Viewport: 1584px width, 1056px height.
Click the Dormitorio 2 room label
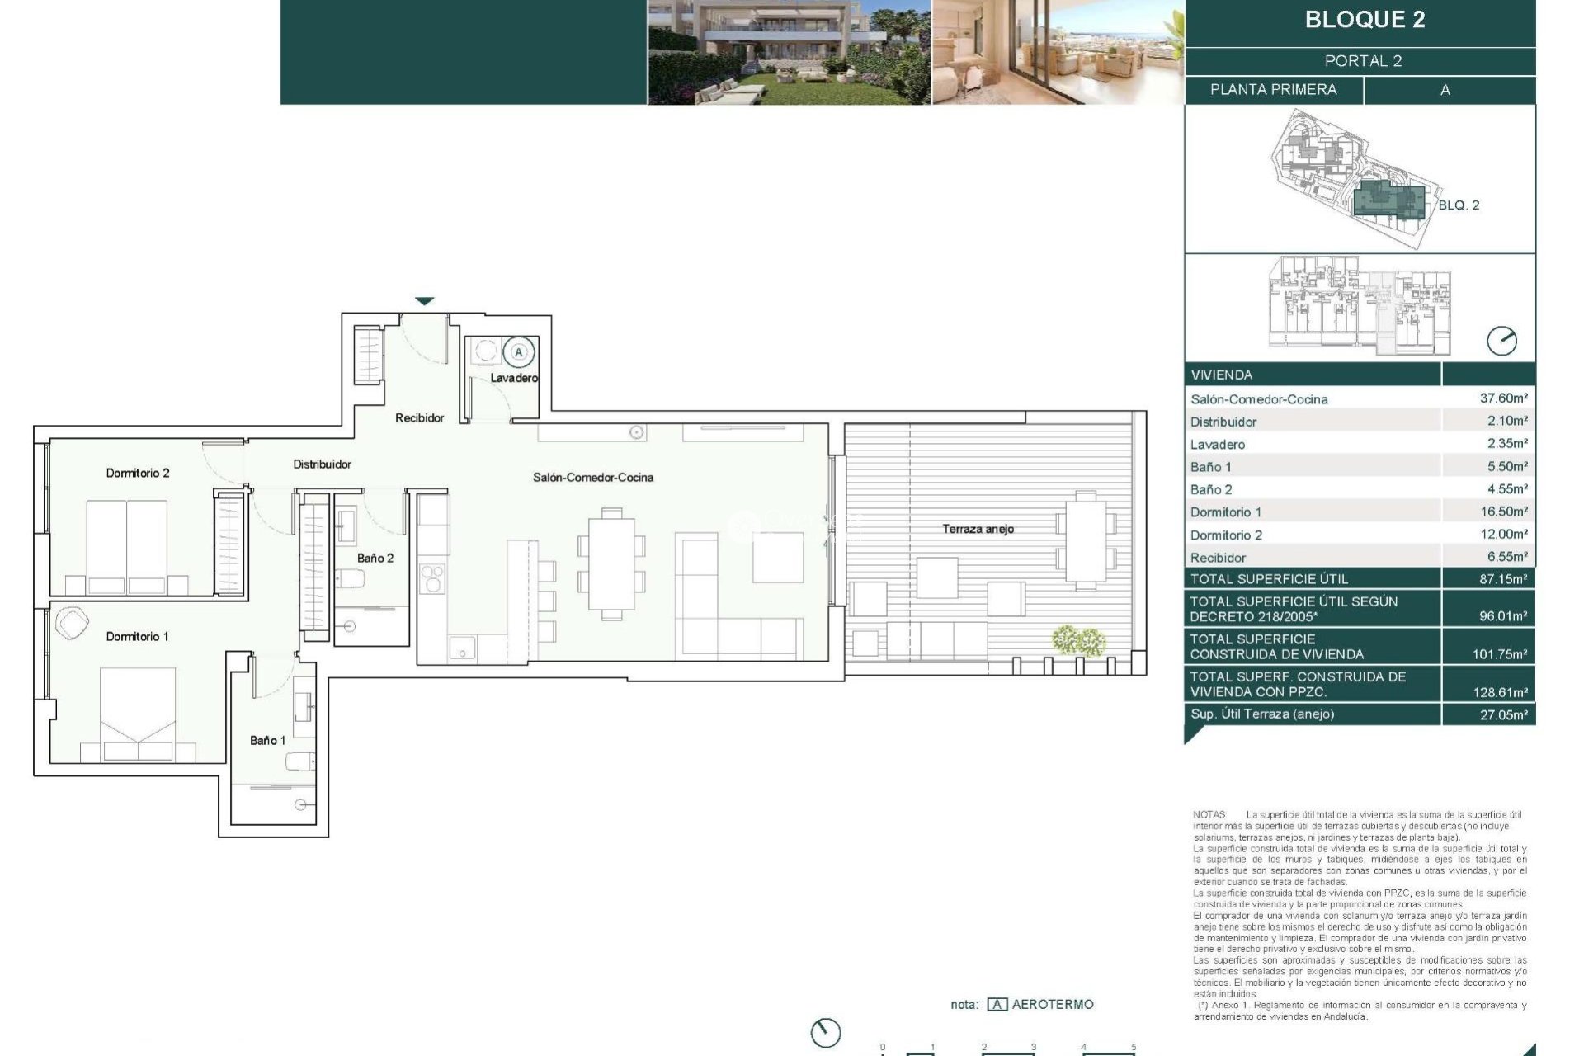pyautogui.click(x=138, y=473)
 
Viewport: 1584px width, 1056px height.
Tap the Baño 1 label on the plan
pyautogui.click(x=267, y=740)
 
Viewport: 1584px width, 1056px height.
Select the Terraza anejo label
pyautogui.click(x=978, y=529)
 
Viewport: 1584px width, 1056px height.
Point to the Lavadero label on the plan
pyautogui.click(x=514, y=378)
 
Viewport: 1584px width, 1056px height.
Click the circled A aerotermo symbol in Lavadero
pyautogui.click(x=519, y=352)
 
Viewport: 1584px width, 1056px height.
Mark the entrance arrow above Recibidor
pyautogui.click(x=424, y=301)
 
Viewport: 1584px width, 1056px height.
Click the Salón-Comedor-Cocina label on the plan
pyautogui.click(x=592, y=477)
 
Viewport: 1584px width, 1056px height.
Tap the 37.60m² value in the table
pyautogui.click(x=1503, y=398)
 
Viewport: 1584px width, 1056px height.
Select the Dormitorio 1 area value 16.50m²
pyautogui.click(x=1503, y=511)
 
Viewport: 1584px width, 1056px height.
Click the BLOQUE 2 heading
pyautogui.click(x=1365, y=20)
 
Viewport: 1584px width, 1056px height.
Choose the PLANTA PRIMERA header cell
pyautogui.click(x=1273, y=90)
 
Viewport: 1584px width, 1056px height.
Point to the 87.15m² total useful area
pyautogui.click(x=1503, y=579)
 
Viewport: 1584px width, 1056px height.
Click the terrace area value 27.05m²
pyautogui.click(x=1503, y=714)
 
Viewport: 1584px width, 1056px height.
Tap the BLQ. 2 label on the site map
pyautogui.click(x=1459, y=205)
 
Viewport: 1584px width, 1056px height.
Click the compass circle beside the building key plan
pyautogui.click(x=1501, y=341)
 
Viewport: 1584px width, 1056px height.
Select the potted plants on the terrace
pyautogui.click(x=1078, y=639)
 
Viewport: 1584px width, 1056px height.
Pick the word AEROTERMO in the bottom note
pyautogui.click(x=1053, y=1004)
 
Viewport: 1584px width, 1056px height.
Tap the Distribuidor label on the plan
pyautogui.click(x=322, y=464)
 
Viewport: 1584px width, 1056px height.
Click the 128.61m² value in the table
pyautogui.click(x=1500, y=692)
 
